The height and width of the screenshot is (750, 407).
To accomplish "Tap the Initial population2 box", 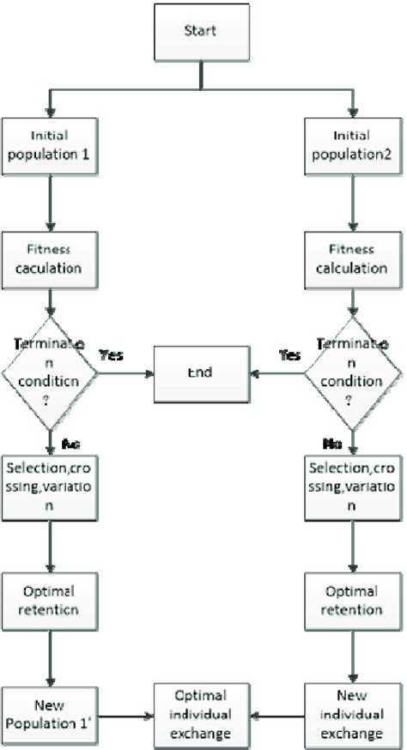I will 351,143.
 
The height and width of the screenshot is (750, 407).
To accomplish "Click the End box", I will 203,374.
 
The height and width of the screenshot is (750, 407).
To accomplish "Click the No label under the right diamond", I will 332,443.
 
